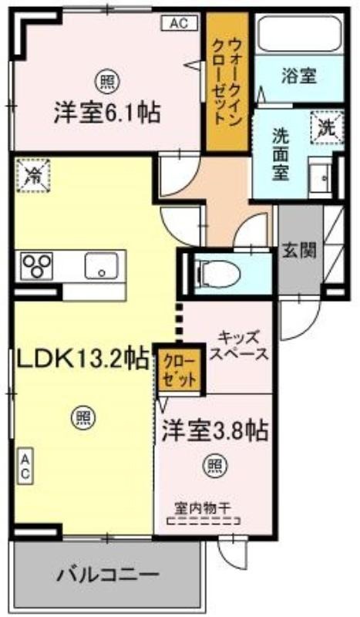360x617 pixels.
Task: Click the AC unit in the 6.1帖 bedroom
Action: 180,23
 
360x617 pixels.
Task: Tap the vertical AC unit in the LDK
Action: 25,467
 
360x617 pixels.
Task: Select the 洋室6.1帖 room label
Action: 107,113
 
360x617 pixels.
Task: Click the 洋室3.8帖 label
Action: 216,431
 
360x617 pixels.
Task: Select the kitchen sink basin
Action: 101,265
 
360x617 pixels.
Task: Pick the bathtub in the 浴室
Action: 300,34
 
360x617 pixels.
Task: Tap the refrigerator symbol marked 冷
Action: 33,175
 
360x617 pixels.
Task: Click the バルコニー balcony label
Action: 108,575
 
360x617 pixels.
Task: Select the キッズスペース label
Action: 239,346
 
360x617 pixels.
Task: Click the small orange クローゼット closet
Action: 179,370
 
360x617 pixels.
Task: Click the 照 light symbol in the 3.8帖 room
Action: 215,466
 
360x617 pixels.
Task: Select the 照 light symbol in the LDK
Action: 83,417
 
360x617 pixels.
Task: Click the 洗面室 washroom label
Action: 280,154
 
